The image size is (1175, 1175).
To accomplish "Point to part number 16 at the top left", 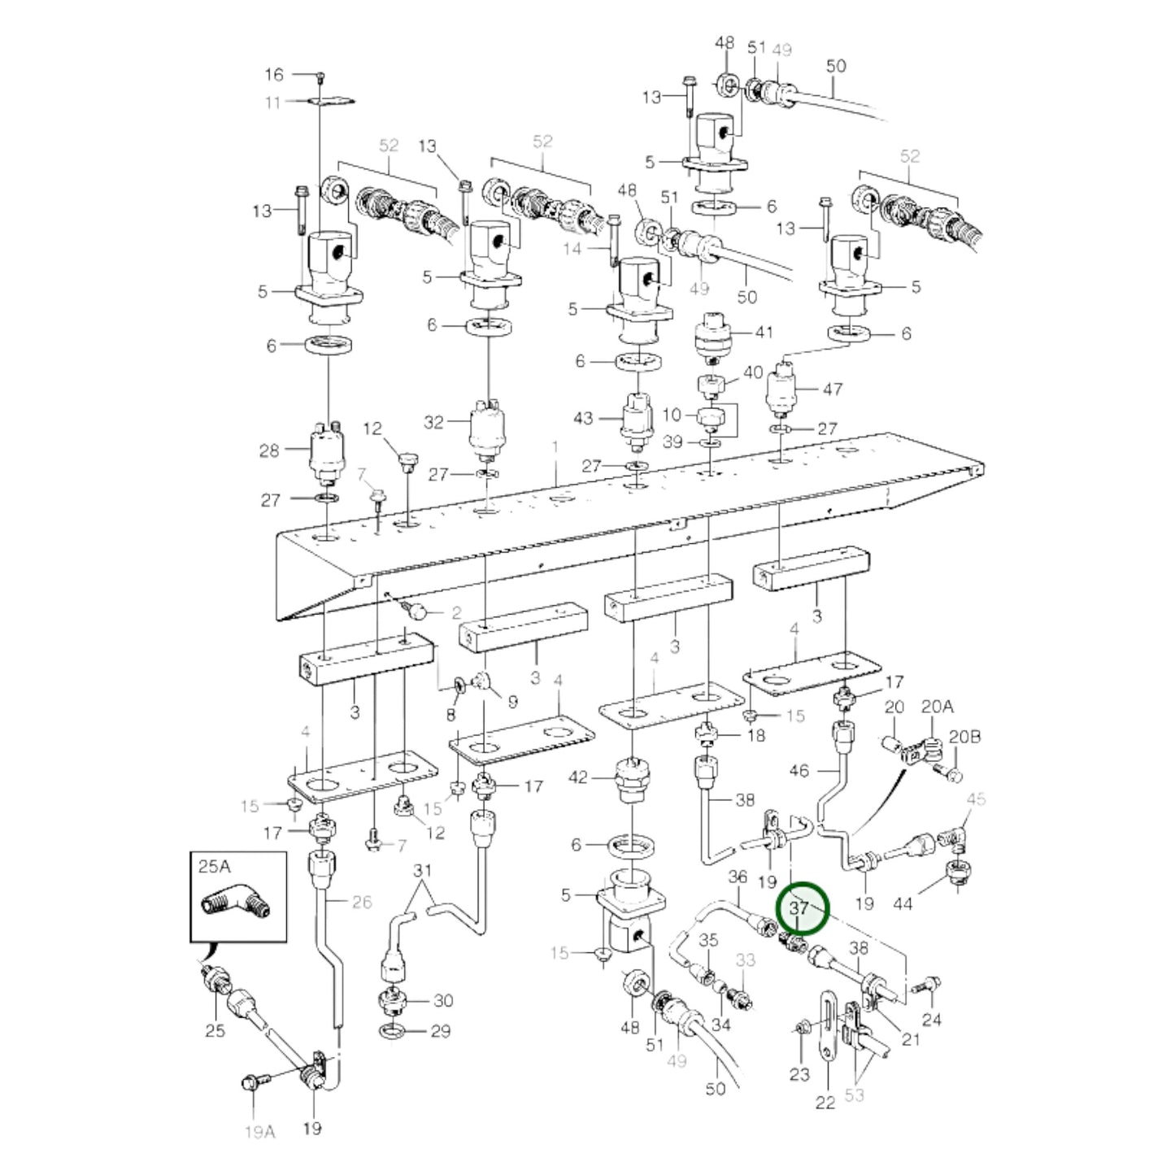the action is tap(274, 74).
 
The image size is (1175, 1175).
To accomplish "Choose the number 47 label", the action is tap(832, 389).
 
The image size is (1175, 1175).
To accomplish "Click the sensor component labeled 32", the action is tap(486, 430).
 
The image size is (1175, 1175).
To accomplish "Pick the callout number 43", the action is tap(583, 419).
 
